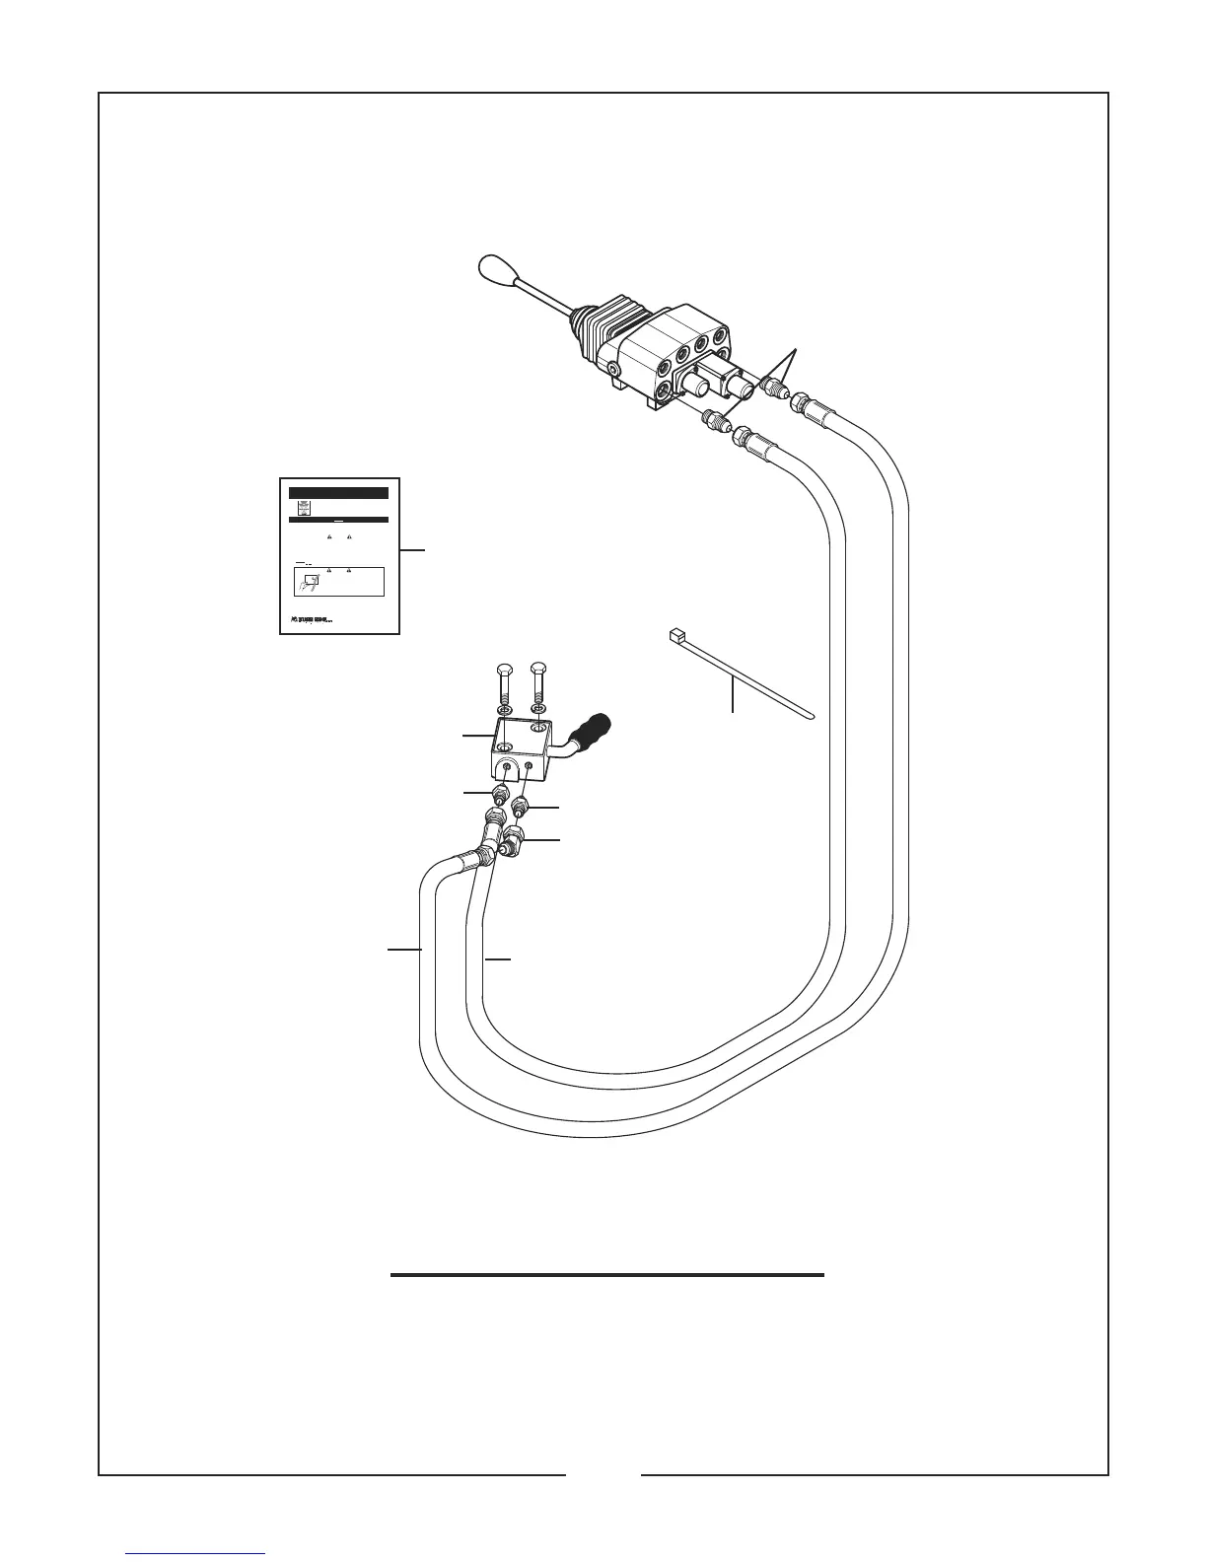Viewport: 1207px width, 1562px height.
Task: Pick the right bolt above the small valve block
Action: (538, 681)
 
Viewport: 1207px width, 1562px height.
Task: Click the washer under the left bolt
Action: (503, 710)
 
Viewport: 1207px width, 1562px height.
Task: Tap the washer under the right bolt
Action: (538, 710)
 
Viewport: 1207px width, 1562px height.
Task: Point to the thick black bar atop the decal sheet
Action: (338, 493)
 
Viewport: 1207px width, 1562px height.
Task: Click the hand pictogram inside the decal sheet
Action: (310, 582)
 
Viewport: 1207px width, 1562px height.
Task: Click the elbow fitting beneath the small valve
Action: (512, 841)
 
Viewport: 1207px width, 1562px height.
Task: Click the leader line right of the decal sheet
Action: (413, 549)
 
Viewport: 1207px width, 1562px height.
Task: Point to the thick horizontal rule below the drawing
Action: (606, 1275)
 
